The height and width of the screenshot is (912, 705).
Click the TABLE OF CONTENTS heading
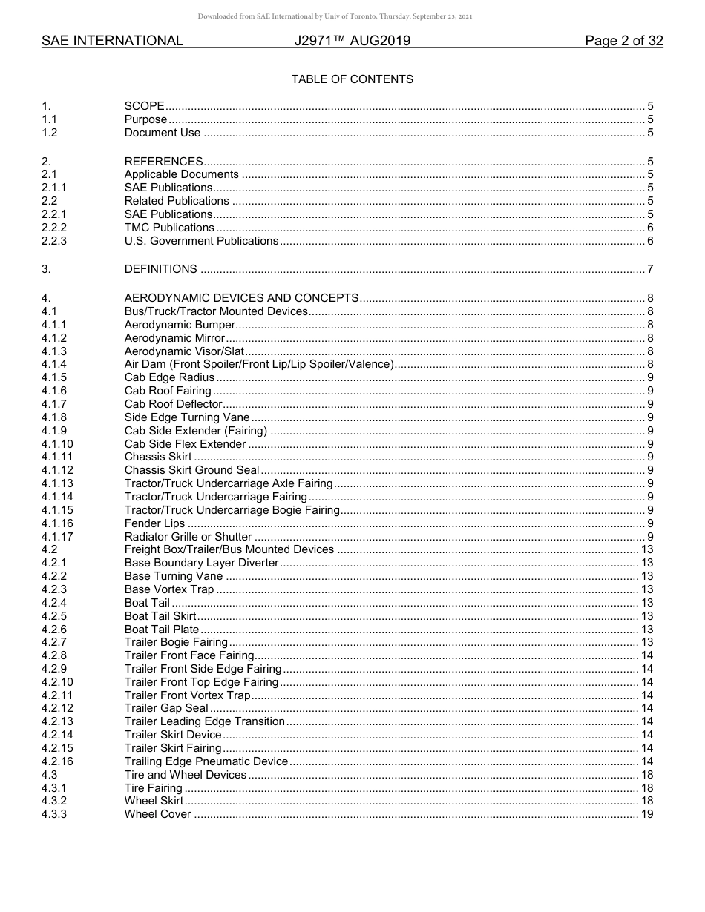pyautogui.click(x=352, y=79)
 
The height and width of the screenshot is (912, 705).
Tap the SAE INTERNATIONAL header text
pyautogui.click(x=112, y=41)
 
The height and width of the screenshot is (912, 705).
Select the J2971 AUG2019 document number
pyautogui.click(x=352, y=41)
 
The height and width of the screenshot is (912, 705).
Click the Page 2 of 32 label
pyautogui.click(x=623, y=41)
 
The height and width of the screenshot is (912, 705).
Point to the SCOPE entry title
pyautogui.click(x=144, y=106)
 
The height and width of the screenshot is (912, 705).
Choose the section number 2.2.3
pyautogui.click(x=54, y=241)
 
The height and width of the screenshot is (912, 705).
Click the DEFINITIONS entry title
pyautogui.click(x=160, y=269)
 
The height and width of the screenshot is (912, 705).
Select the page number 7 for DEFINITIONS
pyautogui.click(x=650, y=269)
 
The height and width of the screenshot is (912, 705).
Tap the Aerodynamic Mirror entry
pyautogui.click(x=174, y=338)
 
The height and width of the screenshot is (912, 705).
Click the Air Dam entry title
pyautogui.click(x=258, y=364)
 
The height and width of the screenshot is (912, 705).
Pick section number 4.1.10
pyautogui.click(x=57, y=444)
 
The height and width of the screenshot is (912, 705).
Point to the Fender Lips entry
pyautogui.click(x=154, y=523)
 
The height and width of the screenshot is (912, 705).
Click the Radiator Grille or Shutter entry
pyautogui.click(x=188, y=537)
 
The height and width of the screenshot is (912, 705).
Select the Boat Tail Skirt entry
pyautogui.click(x=160, y=616)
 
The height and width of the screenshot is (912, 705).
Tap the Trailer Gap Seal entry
pyautogui.click(x=166, y=709)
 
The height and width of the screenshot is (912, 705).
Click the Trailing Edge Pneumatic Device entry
pyautogui.click(x=206, y=761)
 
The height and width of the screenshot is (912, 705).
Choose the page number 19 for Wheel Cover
pyautogui.click(x=646, y=814)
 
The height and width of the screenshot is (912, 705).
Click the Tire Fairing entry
pyautogui.click(x=153, y=788)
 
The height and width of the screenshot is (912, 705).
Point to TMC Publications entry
pyautogui.click(x=169, y=228)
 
